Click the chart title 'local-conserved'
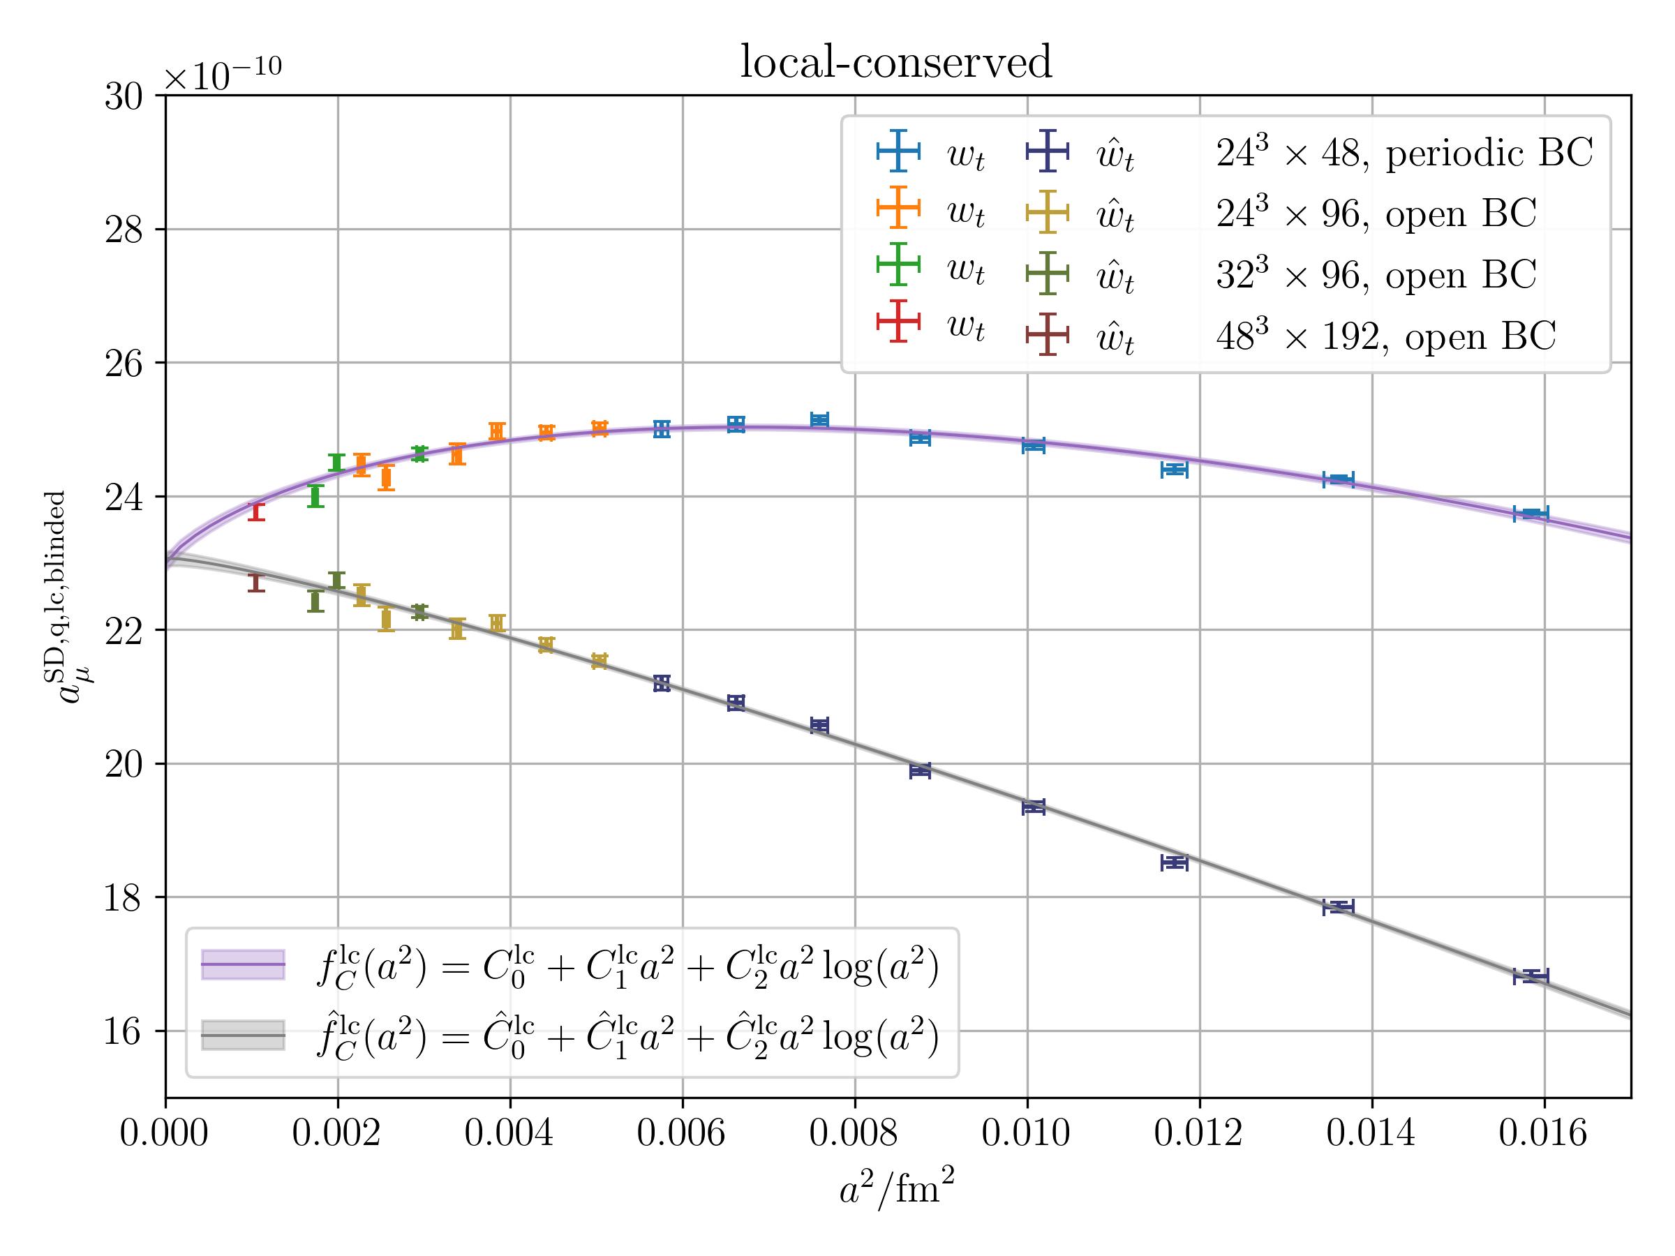pos(896,62)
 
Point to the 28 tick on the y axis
pos(124,230)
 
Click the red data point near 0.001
pos(256,511)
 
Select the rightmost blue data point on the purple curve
pos(1531,514)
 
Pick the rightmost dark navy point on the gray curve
pos(1531,976)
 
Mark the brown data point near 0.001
pos(256,582)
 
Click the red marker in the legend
pos(898,321)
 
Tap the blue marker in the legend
pos(898,151)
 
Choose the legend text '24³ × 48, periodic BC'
pos(1404,154)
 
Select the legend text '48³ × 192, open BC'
pos(1386,336)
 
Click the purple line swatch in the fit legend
pos(242,964)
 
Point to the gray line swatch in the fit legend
pos(242,1035)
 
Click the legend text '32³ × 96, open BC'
pos(1376,275)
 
